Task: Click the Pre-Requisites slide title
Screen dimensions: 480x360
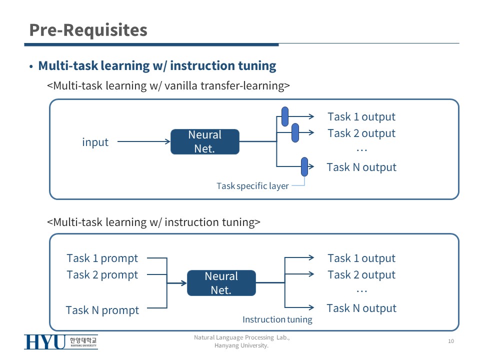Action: (x=88, y=30)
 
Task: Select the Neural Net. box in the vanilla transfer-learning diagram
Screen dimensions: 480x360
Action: (x=205, y=141)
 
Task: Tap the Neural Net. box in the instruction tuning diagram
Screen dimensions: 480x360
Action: (x=221, y=283)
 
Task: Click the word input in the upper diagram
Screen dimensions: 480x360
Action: (x=95, y=142)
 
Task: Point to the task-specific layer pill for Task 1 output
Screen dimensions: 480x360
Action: (x=285, y=116)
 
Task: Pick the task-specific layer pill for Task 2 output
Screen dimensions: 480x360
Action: (x=295, y=132)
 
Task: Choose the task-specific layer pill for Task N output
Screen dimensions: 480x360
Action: (x=304, y=167)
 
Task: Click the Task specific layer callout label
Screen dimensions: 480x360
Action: (x=252, y=186)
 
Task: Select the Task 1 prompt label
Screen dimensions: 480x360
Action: (x=102, y=258)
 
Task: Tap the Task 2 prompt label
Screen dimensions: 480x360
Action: (x=102, y=275)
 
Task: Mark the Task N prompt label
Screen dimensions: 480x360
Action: (x=102, y=310)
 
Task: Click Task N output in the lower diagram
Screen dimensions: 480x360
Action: (x=361, y=308)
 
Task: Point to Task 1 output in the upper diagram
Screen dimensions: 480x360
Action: (x=361, y=117)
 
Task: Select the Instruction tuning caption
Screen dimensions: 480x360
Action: (x=277, y=319)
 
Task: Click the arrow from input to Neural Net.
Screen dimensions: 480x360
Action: (x=144, y=141)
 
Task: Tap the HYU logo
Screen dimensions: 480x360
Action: (x=61, y=342)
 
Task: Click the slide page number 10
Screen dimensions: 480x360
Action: (x=451, y=341)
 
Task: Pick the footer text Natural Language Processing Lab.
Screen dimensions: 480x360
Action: (x=242, y=337)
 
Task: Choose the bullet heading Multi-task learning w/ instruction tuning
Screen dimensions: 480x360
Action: (x=157, y=66)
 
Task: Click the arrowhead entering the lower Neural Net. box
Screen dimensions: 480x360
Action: (x=184, y=283)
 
